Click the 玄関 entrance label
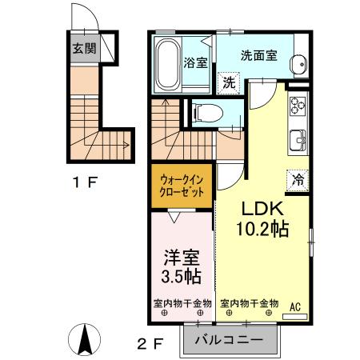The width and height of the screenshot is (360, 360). click(x=83, y=48)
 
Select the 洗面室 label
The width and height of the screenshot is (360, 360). click(x=259, y=57)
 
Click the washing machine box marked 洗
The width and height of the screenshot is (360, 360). click(x=229, y=81)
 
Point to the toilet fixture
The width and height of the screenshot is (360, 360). click(x=203, y=112)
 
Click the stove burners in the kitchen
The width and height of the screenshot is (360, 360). click(x=298, y=106)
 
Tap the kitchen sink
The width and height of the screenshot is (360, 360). click(x=298, y=138)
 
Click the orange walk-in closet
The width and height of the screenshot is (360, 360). click(x=181, y=186)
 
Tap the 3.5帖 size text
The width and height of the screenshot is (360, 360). click(x=182, y=278)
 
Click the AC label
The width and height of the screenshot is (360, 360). click(x=294, y=306)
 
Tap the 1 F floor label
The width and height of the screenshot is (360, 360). click(x=85, y=182)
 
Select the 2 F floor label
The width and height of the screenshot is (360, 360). click(x=151, y=346)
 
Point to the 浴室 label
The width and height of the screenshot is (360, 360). click(x=196, y=62)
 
